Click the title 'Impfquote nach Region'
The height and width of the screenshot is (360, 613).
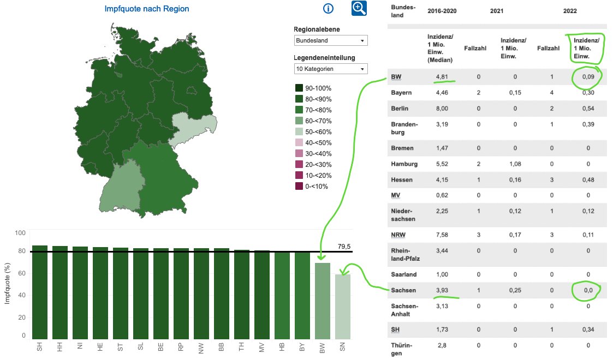[x=147, y=9]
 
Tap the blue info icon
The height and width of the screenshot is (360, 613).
[x=328, y=8]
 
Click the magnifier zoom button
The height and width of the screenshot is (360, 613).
[x=359, y=8]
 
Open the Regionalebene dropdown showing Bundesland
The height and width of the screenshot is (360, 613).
[x=330, y=41]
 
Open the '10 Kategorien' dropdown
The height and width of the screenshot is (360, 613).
[x=330, y=69]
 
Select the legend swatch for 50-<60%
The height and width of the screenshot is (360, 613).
[x=299, y=132]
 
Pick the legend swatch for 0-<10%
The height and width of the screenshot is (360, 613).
[x=299, y=187]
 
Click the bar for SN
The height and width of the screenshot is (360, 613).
[x=343, y=307]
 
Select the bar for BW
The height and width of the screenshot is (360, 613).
[x=323, y=301]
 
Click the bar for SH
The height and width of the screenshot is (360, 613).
[x=40, y=292]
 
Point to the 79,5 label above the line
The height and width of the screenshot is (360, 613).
[x=329, y=247]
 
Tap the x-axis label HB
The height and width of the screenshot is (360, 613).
[x=282, y=347]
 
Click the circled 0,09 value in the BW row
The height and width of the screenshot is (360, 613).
[x=588, y=77]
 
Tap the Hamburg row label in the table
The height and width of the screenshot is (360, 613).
[x=404, y=164]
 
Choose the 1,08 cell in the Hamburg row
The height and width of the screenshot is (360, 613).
[x=513, y=164]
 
